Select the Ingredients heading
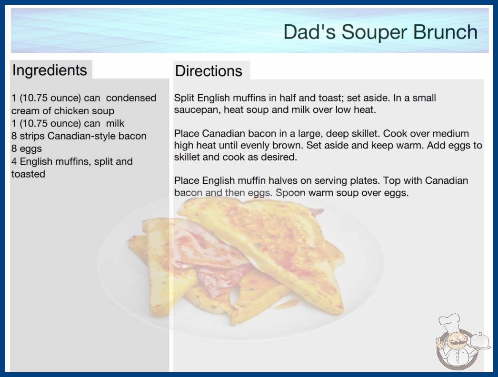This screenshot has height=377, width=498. point(50,70)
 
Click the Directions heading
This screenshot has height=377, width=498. point(209,71)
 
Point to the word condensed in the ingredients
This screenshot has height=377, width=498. point(131,98)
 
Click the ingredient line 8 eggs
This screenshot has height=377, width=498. point(27,149)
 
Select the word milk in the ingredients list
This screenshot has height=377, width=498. point(115,123)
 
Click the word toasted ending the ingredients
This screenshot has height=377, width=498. point(28,174)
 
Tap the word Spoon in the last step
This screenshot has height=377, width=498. point(290,193)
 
